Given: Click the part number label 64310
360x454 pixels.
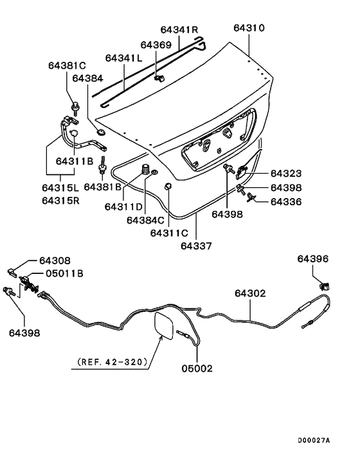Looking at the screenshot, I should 248,28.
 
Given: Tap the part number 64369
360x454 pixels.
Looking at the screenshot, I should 156,45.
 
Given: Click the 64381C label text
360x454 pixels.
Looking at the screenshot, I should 66,66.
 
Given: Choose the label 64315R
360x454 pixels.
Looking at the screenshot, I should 62,200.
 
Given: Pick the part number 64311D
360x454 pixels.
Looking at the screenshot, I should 123,206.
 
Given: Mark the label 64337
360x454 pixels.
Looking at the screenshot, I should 195,244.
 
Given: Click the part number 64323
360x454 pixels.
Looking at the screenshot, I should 285,174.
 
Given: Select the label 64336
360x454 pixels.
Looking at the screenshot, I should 285,202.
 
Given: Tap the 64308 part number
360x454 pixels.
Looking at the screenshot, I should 55,260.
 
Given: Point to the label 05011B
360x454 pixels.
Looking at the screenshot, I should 64,273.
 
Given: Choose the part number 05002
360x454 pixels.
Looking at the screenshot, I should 196,368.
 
